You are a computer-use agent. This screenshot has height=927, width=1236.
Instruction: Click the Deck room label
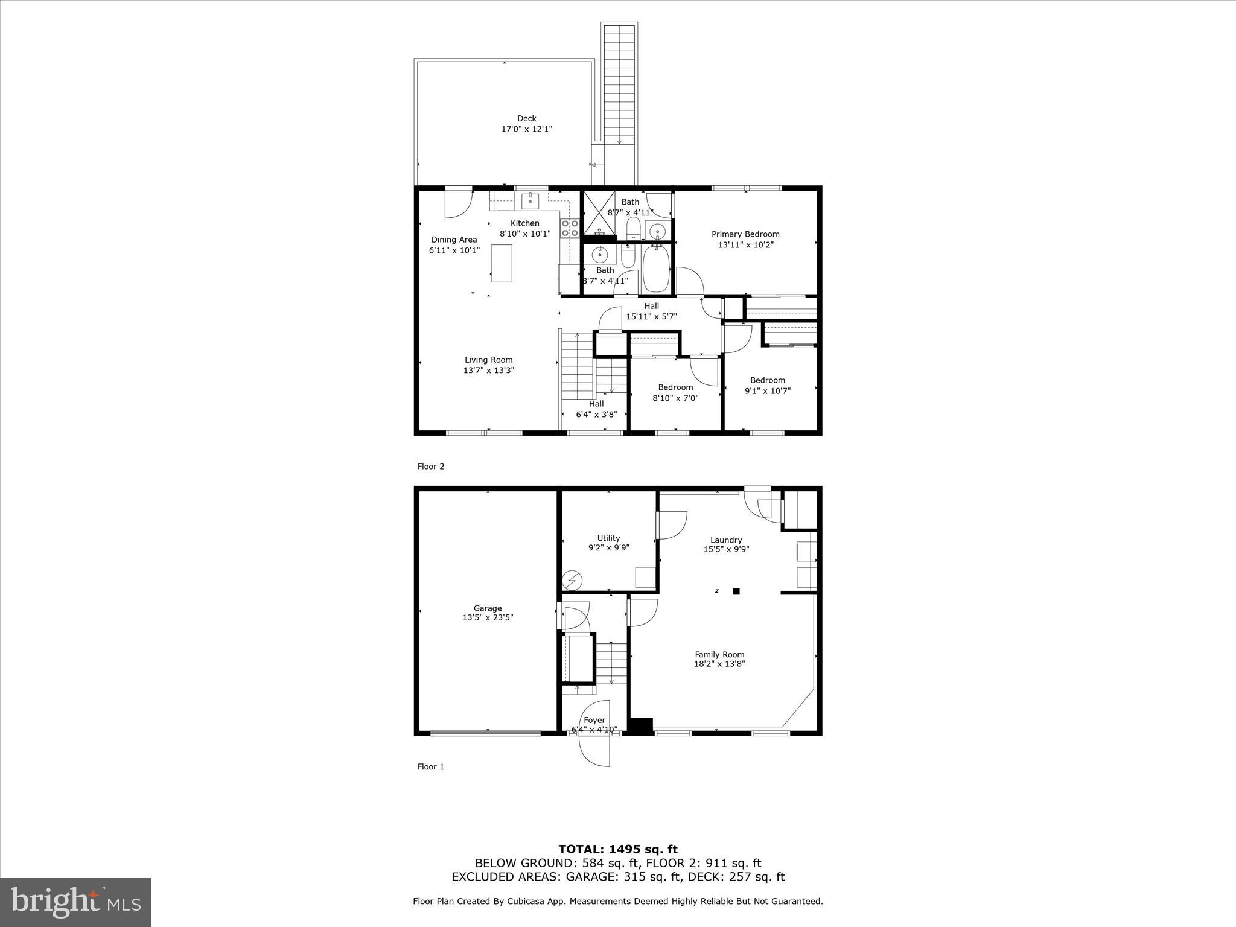(x=526, y=118)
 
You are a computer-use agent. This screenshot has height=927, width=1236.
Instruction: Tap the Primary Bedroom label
(x=745, y=234)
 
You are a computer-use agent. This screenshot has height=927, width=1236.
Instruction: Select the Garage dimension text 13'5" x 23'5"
(x=488, y=617)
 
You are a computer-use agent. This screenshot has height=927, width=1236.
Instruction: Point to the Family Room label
(x=719, y=654)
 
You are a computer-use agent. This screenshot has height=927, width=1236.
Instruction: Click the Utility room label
(x=608, y=538)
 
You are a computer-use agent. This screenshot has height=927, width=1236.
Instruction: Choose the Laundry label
(x=726, y=540)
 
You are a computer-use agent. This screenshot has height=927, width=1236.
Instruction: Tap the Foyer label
(x=594, y=720)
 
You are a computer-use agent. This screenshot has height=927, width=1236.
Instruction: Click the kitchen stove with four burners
(x=570, y=228)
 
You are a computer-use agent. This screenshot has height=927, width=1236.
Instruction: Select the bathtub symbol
(x=656, y=269)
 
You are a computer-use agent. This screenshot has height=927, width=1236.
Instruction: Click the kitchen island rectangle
(x=502, y=263)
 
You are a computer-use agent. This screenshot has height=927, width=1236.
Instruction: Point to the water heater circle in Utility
(x=572, y=581)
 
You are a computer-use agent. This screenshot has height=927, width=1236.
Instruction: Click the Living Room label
(x=488, y=360)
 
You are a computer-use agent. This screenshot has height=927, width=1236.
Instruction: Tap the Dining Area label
(x=454, y=240)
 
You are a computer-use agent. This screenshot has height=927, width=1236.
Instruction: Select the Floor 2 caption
(x=431, y=466)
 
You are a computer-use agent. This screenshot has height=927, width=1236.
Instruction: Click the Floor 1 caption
(x=431, y=766)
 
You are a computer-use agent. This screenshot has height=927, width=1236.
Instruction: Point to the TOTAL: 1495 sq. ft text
(x=618, y=850)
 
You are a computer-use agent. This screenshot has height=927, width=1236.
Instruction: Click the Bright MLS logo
(x=75, y=903)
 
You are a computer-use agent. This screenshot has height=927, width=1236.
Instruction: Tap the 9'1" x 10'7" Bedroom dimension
(x=768, y=390)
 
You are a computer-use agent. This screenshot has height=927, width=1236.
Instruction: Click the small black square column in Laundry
(x=736, y=591)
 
